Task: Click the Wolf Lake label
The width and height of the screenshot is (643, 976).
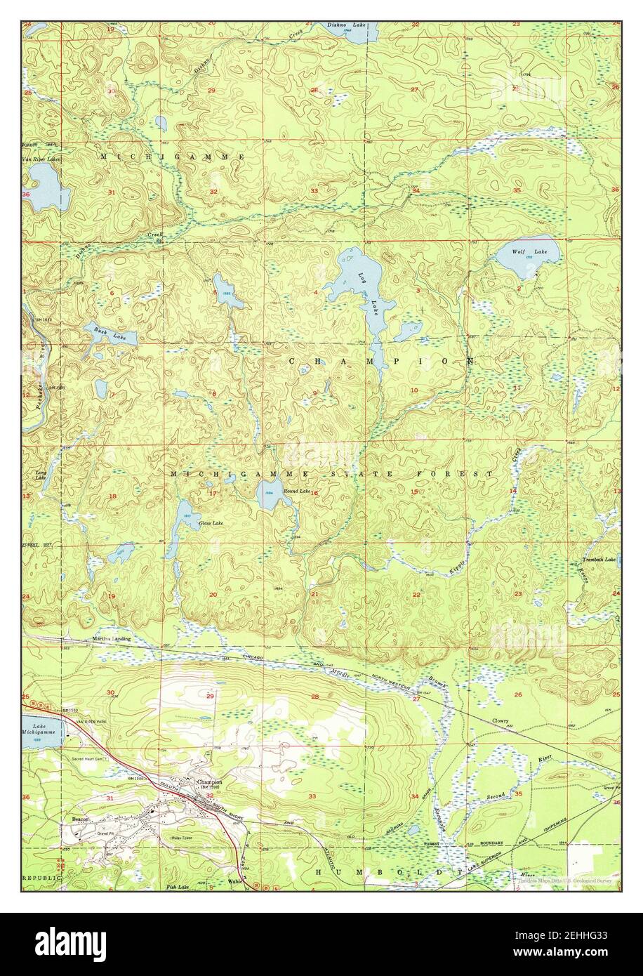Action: point(519,251)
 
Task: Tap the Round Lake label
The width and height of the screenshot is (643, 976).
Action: point(297,491)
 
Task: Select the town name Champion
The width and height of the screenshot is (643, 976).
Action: point(209,782)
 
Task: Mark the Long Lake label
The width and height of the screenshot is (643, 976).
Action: point(41,476)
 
